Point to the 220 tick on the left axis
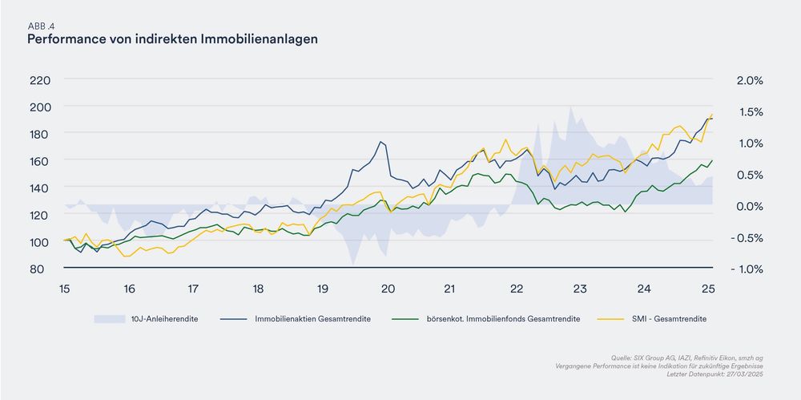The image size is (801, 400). click(40, 79)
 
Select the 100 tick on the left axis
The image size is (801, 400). click(40, 241)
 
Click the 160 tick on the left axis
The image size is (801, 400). click(40, 160)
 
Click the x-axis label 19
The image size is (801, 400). click(322, 289)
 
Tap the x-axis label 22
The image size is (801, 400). click(517, 289)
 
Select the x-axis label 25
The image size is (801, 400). click(709, 289)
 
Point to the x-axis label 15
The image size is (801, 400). click(63, 289)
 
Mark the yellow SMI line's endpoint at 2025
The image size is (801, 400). click(712, 114)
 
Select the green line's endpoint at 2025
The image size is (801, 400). click(712, 160)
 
